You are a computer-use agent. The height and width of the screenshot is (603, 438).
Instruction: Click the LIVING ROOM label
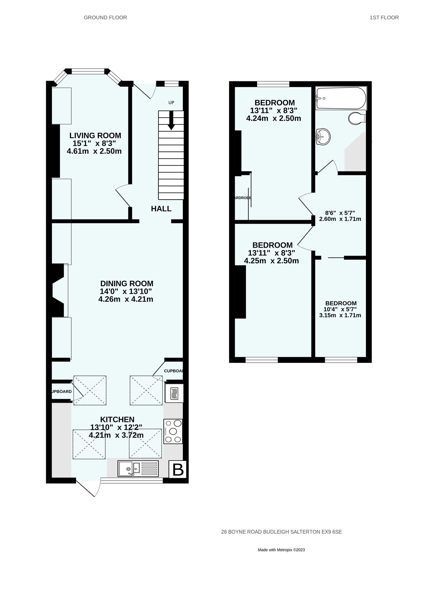point(95,136)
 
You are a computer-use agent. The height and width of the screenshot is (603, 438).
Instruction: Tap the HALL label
point(161,209)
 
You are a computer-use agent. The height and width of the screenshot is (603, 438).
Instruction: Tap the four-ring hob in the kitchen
point(173,431)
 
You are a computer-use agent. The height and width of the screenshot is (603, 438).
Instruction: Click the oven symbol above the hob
point(174,393)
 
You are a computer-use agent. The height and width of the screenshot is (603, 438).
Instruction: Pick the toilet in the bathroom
point(357,118)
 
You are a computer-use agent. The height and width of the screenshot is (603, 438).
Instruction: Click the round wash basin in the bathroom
point(323,137)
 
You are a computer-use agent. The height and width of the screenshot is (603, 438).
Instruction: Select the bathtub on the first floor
point(341,98)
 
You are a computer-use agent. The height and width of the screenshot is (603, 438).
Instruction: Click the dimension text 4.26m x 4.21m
point(126,299)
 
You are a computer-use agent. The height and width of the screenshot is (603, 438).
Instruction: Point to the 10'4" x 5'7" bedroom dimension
point(340,309)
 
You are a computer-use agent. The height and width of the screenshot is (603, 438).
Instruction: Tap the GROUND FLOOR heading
point(105,17)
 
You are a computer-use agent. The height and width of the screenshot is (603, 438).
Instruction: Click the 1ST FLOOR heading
point(384,17)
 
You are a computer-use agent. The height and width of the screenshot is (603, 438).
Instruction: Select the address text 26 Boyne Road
point(281,531)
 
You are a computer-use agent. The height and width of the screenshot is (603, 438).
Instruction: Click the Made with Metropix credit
point(281,550)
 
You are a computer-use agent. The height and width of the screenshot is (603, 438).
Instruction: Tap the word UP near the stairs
point(171,103)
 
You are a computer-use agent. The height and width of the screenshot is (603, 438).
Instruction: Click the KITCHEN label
point(117,419)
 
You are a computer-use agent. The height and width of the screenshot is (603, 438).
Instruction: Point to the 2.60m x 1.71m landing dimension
point(340,219)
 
